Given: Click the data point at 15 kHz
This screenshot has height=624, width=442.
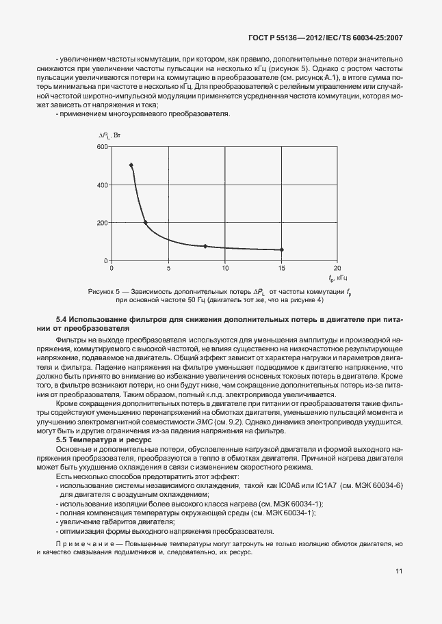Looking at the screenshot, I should [281, 249].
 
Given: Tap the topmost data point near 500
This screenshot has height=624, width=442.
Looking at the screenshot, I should [131, 165].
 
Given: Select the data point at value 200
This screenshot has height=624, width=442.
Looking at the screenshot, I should [145, 222].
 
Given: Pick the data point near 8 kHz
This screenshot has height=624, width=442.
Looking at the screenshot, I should [205, 246].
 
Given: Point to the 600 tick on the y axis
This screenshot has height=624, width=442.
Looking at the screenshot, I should [103, 147].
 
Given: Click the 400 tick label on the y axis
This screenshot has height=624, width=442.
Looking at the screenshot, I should [103, 185].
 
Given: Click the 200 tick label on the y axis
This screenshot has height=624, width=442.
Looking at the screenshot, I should [103, 223].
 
